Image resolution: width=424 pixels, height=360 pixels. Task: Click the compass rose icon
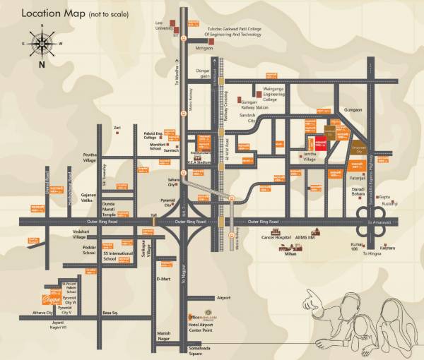pyautogui.click(x=42, y=43)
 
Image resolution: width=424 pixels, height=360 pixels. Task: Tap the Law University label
pyautogui.click(x=164, y=25)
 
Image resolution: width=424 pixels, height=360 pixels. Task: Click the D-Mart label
pyautogui.click(x=164, y=278)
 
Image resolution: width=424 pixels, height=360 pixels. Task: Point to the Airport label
pyautogui.click(x=223, y=298)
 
